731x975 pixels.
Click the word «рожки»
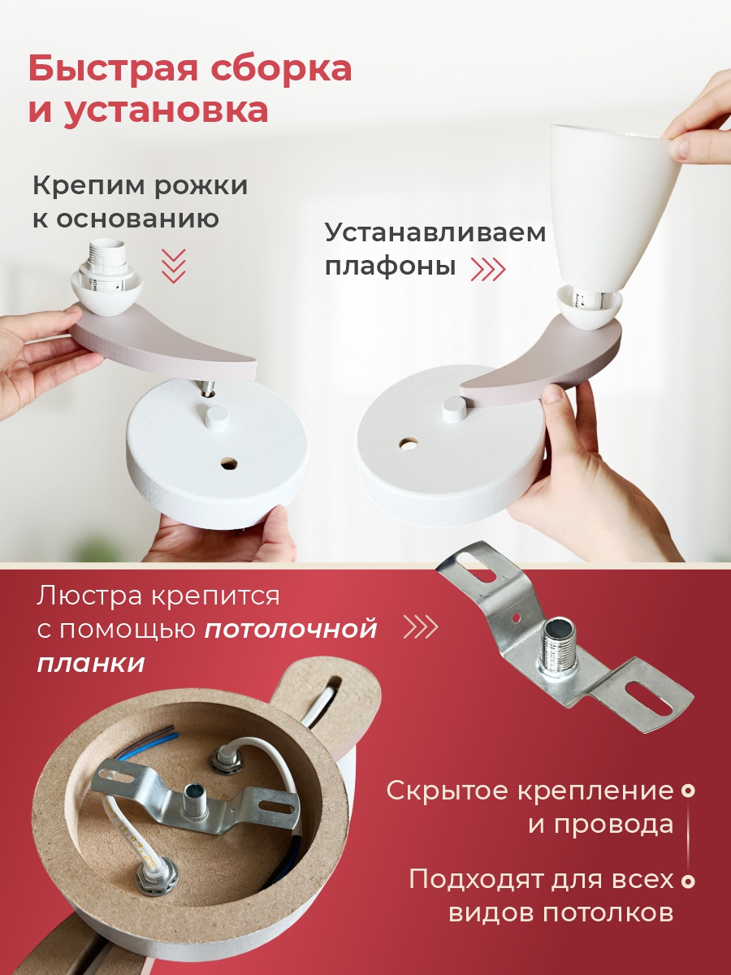coord(201,187)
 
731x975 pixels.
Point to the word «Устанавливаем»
coord(435,233)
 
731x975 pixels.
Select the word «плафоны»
coord(391,267)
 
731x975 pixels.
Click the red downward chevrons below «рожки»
coord(174,266)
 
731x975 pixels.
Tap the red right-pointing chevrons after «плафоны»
coord(488,268)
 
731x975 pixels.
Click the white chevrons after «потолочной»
coord(420,627)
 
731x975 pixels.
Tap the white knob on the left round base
coord(217,416)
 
